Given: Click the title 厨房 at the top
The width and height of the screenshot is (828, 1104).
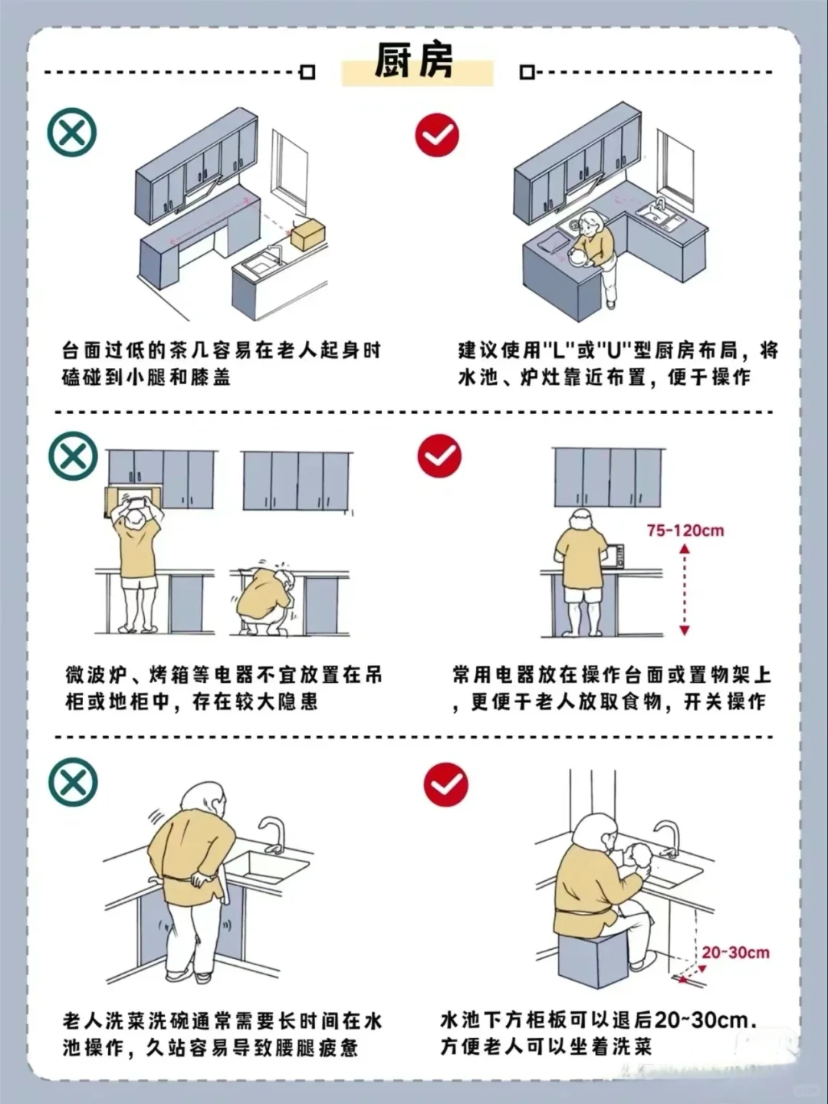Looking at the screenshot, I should pos(415,61).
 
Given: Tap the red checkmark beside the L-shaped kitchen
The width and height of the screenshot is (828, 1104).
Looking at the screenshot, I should pos(437,136).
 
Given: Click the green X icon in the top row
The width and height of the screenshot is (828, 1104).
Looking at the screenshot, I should pos(72,133).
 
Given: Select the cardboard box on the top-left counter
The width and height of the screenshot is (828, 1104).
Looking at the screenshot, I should pos(307,233).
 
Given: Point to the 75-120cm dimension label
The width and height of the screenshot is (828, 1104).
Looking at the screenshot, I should pos(685,531).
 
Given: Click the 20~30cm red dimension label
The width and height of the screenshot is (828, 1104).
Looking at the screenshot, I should pos(735,952).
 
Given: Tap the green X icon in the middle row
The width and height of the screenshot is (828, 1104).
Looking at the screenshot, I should pos(73,457).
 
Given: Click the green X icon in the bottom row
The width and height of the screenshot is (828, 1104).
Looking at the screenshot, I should pos(73,782).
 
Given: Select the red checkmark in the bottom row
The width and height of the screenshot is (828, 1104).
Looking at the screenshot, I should pos(445,785).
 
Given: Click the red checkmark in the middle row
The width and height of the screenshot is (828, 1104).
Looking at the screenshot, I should pos(439,456).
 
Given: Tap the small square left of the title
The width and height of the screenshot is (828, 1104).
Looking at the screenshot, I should pos(307,72).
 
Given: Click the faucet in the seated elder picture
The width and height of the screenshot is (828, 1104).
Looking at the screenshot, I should pos(668,839).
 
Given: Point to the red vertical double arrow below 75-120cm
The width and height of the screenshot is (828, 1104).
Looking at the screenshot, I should pos(685,590).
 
